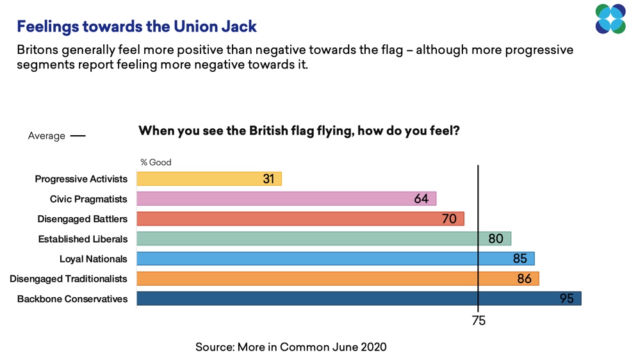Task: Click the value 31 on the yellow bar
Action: (268, 179)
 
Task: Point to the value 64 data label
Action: (421, 199)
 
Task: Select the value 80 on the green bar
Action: (496, 239)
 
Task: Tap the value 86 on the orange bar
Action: (524, 279)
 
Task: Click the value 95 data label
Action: (566, 299)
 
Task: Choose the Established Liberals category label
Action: (83, 239)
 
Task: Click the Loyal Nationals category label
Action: (94, 259)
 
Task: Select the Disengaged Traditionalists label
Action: (69, 279)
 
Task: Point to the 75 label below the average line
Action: (478, 321)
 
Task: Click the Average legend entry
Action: (56, 136)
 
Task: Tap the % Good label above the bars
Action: (156, 162)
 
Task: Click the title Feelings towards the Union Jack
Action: (136, 26)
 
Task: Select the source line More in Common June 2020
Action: (291, 347)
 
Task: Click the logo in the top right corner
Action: (610, 19)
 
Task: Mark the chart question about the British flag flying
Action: (299, 131)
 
